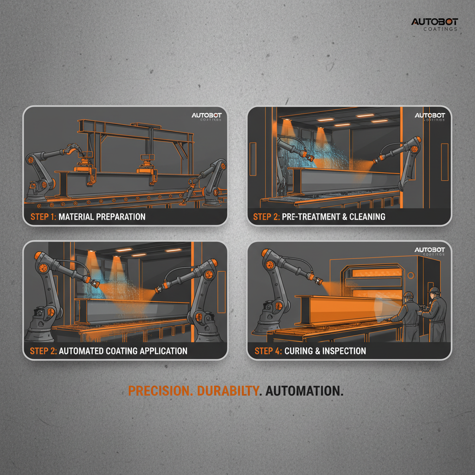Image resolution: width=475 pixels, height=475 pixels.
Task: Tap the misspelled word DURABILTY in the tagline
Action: pos(227,391)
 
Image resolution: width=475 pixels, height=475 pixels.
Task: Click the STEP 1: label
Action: pos(43,217)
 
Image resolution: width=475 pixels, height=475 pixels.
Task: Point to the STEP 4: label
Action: pos(268,351)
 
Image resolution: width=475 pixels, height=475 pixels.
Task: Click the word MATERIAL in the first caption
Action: pos(78,217)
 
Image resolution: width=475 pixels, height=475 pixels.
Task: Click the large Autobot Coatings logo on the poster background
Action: pos(435,24)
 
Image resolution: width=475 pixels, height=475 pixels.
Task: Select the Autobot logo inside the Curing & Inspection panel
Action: pos(430,251)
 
